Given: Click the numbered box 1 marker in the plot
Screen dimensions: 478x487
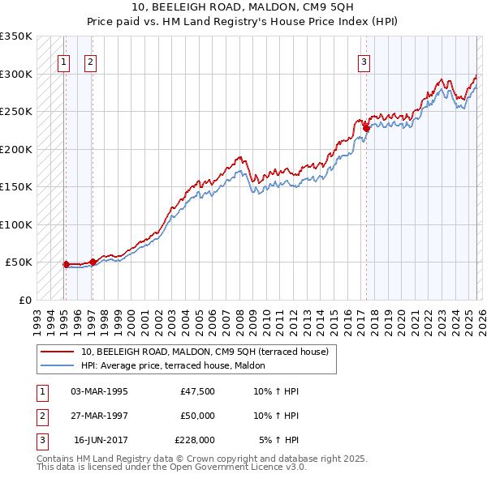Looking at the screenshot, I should tap(63, 61).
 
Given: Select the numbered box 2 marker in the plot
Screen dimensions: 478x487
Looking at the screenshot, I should tap(90, 61).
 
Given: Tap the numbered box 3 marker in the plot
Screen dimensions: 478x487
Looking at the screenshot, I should tap(364, 61).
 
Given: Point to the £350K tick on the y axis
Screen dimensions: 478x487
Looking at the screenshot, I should tap(16, 36).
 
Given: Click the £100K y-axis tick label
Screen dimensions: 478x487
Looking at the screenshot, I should tap(16, 224).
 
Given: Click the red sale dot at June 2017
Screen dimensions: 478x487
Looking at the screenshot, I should tap(366, 128).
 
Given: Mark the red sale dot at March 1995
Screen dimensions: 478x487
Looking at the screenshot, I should tap(66, 264).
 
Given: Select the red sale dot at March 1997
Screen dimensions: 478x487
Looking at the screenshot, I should tap(93, 262).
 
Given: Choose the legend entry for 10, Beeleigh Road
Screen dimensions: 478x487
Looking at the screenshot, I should tap(205, 352).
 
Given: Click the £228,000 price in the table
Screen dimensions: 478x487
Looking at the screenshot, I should tap(195, 441).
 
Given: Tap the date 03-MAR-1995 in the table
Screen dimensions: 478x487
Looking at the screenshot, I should tap(99, 391).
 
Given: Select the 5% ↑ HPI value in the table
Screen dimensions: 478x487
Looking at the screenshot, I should tap(279, 441).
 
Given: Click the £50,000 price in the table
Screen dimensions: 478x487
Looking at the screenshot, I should tap(197, 416).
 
